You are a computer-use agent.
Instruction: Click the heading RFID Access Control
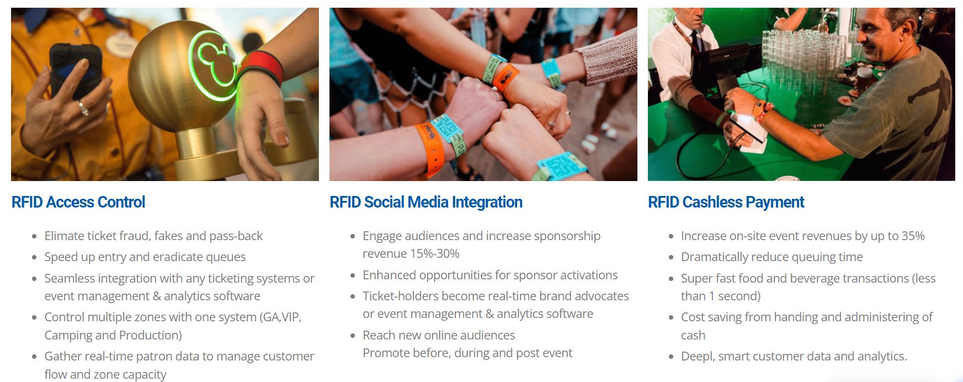tap(78, 202)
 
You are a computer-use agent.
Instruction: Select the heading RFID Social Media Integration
tap(426, 203)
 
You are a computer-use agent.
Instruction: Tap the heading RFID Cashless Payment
tap(726, 203)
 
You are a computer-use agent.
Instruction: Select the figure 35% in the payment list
tap(913, 236)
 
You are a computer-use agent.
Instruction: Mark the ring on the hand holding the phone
tap(83, 108)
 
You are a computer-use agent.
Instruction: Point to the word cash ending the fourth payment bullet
tap(693, 335)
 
